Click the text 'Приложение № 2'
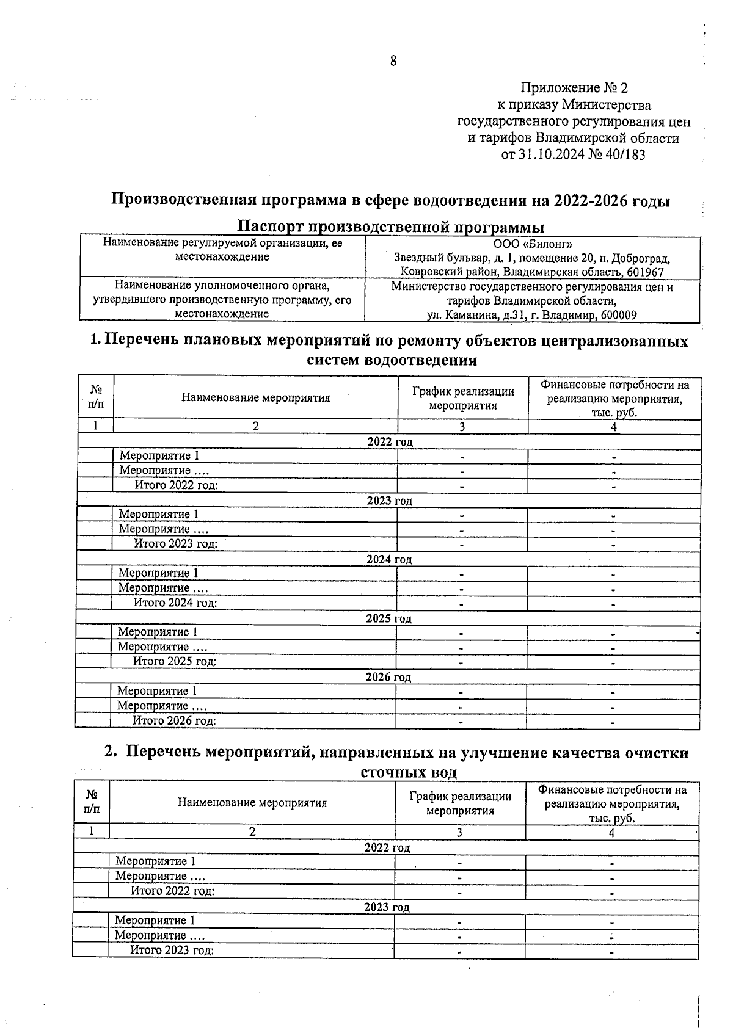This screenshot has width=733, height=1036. pyautogui.click(x=574, y=89)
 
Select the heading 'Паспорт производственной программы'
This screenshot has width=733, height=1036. pyautogui.click(x=390, y=227)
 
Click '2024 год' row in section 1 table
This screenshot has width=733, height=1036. pyautogui.click(x=389, y=559)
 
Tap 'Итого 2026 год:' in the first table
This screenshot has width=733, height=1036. pyautogui.click(x=175, y=720)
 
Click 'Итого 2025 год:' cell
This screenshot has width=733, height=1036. pyautogui.click(x=175, y=661)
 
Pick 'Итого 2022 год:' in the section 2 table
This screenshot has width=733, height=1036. pyautogui.click(x=172, y=891)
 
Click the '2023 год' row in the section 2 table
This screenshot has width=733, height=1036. pyautogui.click(x=387, y=907)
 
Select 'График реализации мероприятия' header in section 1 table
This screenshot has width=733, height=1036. pyautogui.click(x=462, y=398)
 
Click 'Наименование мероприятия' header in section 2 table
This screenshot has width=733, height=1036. pyautogui.click(x=252, y=802)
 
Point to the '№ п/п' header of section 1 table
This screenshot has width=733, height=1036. pyautogui.click(x=96, y=397)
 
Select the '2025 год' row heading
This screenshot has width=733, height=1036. pyautogui.click(x=388, y=618)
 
